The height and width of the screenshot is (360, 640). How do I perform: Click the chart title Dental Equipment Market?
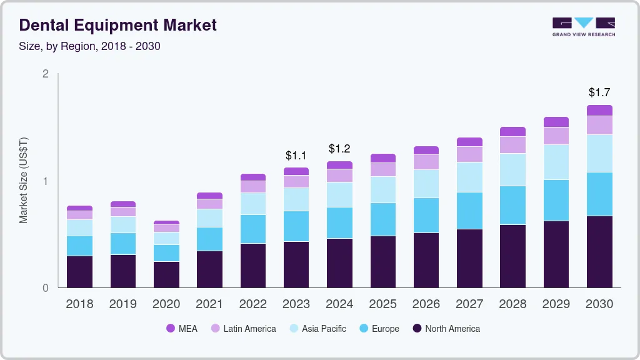tap(118, 25)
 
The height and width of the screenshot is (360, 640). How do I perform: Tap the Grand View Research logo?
tap(583, 27)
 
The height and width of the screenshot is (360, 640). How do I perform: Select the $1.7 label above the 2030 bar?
tap(600, 92)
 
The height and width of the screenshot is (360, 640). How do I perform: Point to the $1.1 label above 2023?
tap(296, 155)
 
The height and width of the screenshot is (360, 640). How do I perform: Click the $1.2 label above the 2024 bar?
tap(339, 149)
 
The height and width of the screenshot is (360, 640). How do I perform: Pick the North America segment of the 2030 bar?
tap(600, 252)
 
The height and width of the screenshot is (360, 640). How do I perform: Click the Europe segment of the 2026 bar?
tap(426, 216)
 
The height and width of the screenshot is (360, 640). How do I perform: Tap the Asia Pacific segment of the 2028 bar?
tap(513, 170)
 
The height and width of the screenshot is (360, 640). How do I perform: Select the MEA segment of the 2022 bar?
tap(253, 177)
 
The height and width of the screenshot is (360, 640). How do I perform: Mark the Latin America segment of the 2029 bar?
tap(556, 136)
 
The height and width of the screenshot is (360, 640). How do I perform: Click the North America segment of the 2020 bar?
tap(166, 275)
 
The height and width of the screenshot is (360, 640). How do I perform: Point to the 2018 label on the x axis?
tap(79, 304)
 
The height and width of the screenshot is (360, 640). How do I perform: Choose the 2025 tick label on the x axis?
tap(382, 304)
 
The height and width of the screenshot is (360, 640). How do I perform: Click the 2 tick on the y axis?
tap(46, 74)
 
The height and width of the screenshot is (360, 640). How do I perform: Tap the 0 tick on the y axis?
tap(46, 288)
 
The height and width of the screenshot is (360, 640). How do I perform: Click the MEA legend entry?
tap(182, 329)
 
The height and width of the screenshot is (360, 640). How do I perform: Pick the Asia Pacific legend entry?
tap(317, 329)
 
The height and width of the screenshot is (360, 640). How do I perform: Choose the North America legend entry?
tap(446, 329)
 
